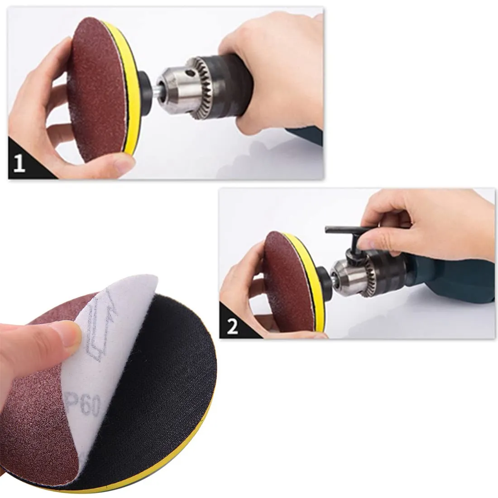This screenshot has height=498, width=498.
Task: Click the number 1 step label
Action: pos(19,164)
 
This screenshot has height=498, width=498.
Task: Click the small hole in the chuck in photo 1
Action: pos(190,74)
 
